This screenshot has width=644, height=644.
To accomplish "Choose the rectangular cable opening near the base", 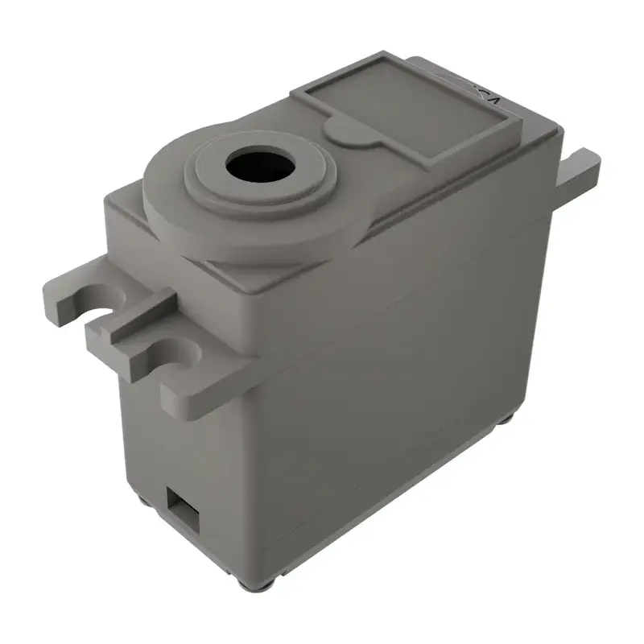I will (182, 509).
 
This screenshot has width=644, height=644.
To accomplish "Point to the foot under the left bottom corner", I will (142, 498).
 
